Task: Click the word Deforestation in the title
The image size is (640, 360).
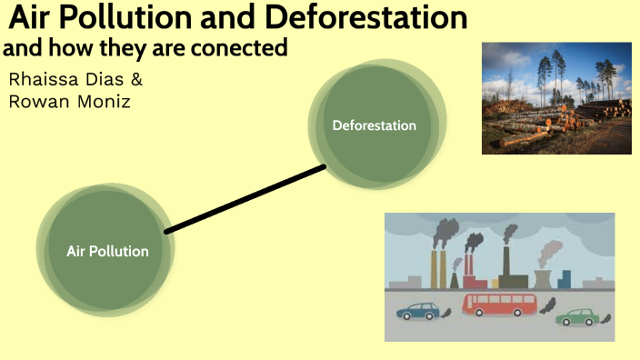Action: (x=364, y=17)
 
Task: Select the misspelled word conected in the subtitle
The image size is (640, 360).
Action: (x=245, y=48)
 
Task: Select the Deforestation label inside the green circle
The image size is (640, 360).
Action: (x=374, y=125)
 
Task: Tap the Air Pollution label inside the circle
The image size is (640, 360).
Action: (x=107, y=251)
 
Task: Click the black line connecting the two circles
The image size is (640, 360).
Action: (x=245, y=199)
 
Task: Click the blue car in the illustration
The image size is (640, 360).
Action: (x=418, y=311)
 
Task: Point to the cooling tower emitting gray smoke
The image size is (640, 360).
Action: (x=542, y=277)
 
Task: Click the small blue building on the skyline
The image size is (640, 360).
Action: (x=565, y=278)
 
